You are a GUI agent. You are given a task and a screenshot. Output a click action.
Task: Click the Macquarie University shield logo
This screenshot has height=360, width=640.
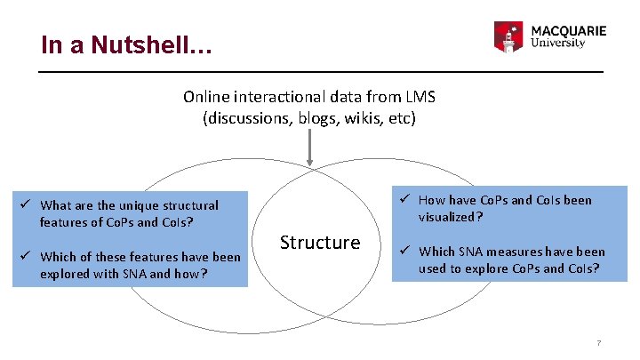pos(509,36)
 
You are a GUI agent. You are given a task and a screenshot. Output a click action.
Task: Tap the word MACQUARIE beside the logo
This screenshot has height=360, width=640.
pos(568,30)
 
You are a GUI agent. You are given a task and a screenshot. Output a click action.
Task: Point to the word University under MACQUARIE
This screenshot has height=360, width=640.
pos(557,43)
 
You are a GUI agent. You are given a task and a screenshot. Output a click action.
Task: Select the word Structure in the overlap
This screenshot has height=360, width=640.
pos(320,242)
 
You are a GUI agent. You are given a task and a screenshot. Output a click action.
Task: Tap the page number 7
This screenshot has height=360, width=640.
pos(599,343)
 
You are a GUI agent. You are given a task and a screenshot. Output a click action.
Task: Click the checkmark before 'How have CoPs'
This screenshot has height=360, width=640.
pos(404,199)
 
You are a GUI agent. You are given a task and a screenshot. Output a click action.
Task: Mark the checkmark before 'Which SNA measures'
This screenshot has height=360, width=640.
pos(404,251)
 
